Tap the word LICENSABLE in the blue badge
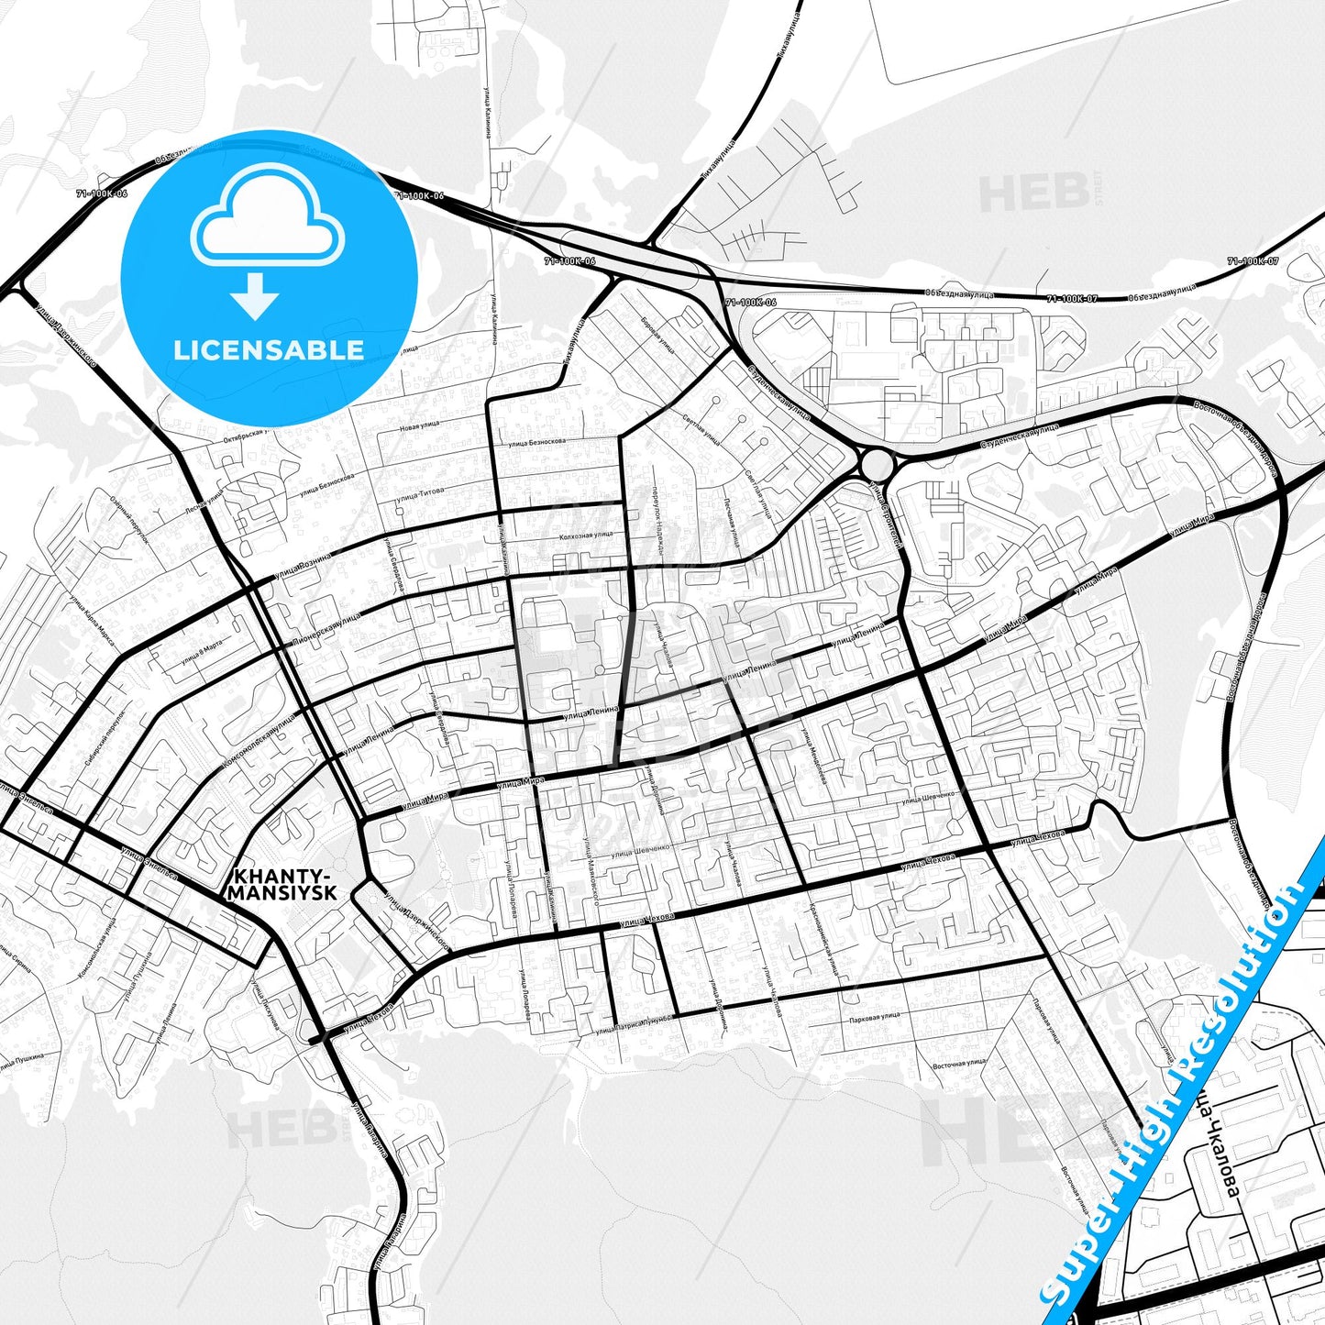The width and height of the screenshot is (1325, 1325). pos(269,349)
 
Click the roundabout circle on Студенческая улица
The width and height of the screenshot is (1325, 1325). pos(877,463)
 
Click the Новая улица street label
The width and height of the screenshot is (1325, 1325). pos(420,425)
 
